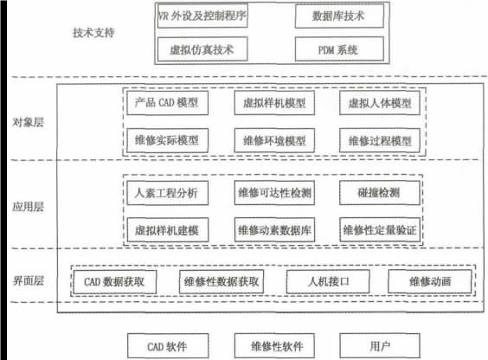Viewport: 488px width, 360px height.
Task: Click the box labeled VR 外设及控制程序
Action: [x=202, y=16]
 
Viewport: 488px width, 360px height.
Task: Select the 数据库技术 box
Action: [x=339, y=16]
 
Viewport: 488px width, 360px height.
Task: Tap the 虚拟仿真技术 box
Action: [x=202, y=49]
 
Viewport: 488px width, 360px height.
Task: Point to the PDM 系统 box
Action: [x=339, y=49]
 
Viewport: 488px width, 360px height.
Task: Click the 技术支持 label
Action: [x=93, y=33]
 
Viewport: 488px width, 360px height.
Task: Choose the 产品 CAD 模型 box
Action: [x=168, y=103]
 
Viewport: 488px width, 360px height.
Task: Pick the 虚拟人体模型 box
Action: [x=380, y=103]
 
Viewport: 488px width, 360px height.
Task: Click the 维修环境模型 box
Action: [x=274, y=141]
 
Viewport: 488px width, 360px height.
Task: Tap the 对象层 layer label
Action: [x=28, y=122]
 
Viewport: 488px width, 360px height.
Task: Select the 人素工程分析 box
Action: [x=168, y=193]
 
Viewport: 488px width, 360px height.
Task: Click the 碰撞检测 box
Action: [x=380, y=193]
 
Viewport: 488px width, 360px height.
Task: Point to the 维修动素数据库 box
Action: [x=274, y=230]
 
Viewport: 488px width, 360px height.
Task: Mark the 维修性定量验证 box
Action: [x=380, y=230]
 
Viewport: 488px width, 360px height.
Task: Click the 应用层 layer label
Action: [x=28, y=207]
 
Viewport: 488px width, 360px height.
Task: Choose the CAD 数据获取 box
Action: [x=114, y=281]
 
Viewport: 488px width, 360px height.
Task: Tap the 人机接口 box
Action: [x=328, y=281]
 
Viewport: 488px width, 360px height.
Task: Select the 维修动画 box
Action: [x=430, y=281]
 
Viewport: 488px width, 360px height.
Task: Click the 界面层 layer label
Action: [x=28, y=280]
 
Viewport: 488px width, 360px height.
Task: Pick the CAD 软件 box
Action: [x=168, y=345]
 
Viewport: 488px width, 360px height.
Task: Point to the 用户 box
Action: [x=380, y=345]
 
